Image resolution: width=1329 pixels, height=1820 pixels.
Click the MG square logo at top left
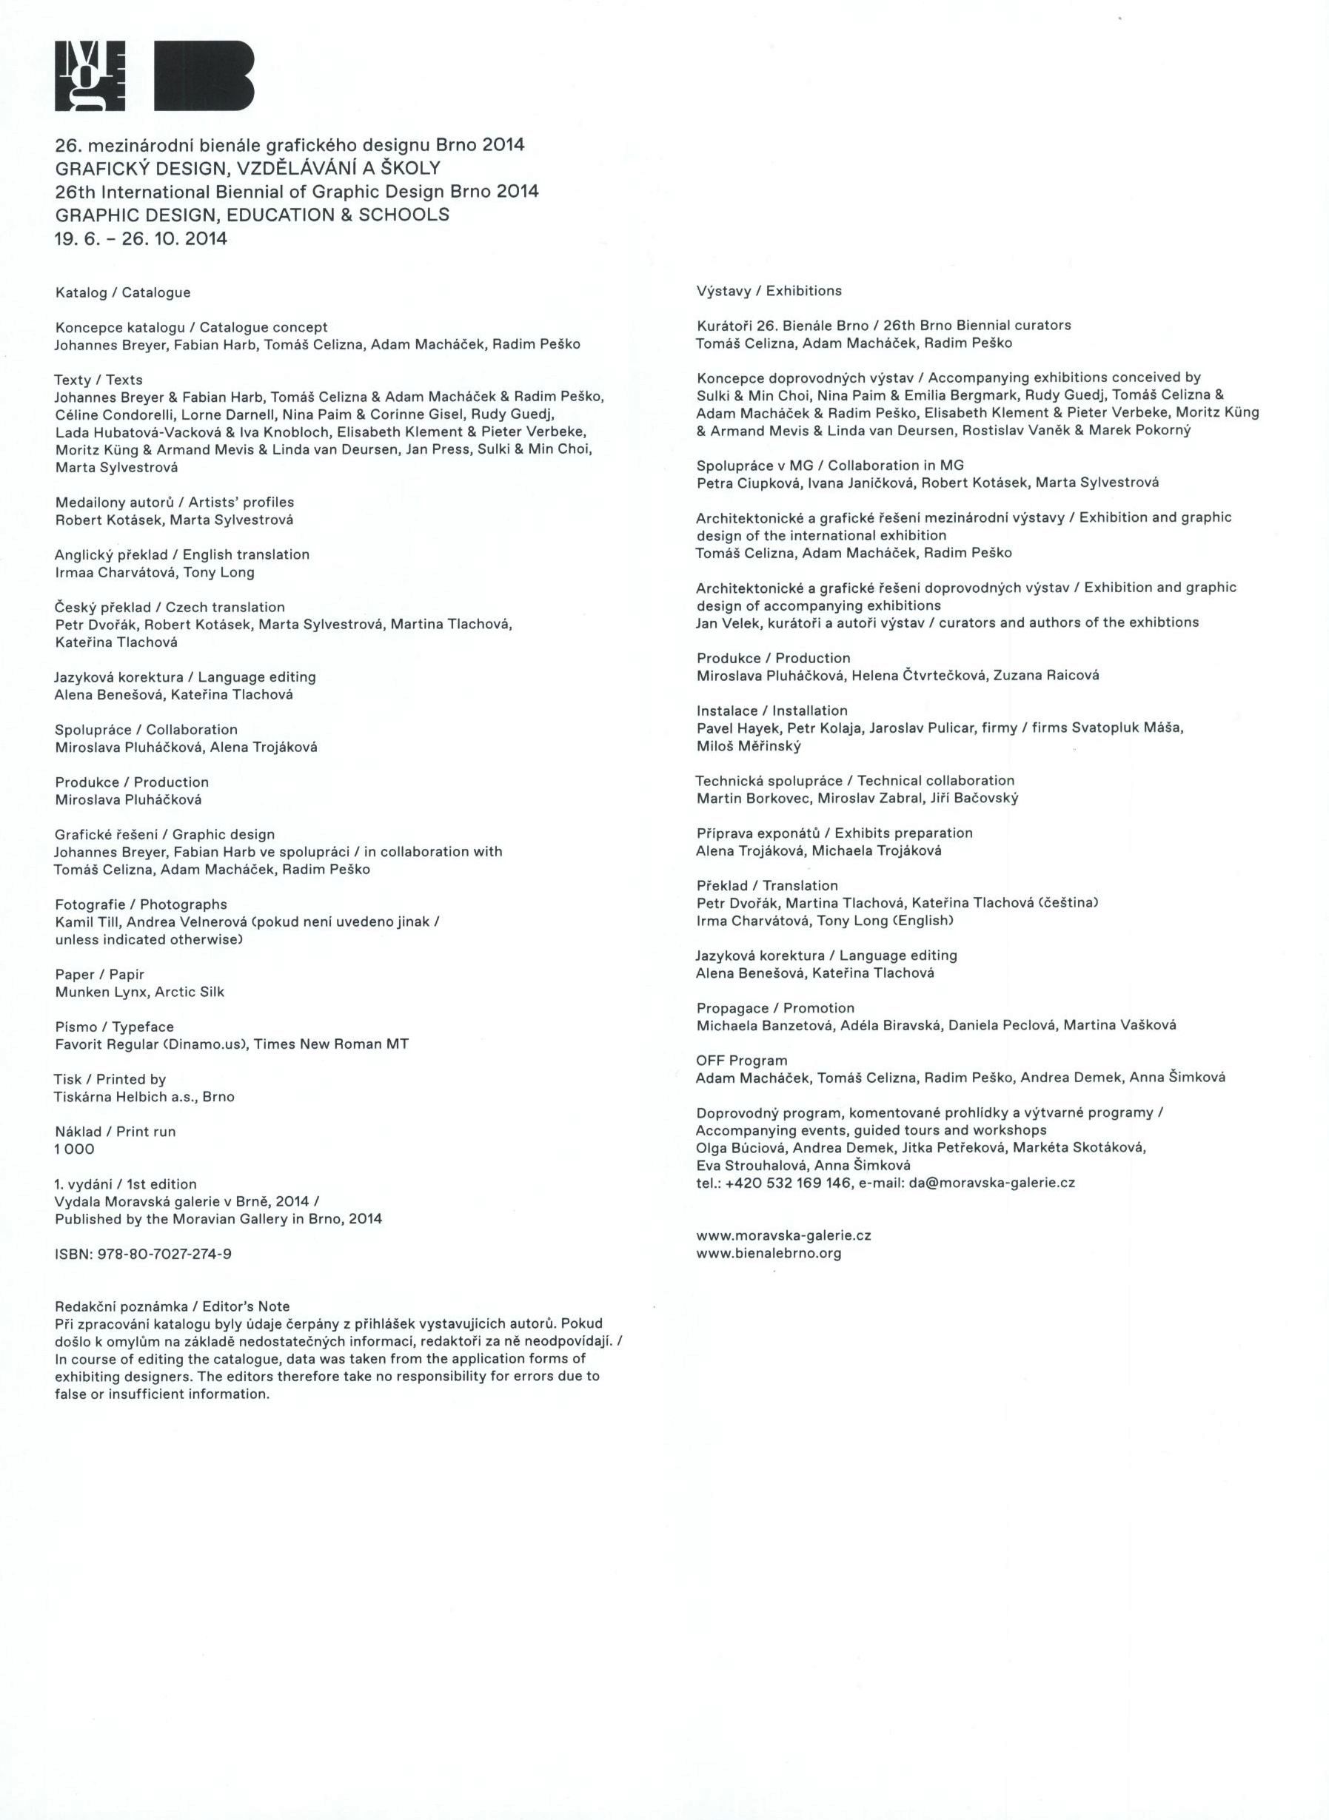[x=90, y=75]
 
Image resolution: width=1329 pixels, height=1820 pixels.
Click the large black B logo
[x=204, y=75]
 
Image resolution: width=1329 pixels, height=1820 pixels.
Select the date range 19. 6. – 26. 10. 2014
[x=141, y=239]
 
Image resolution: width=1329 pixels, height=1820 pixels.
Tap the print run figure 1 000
[x=75, y=1149]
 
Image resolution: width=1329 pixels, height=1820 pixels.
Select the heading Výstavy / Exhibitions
[x=769, y=290]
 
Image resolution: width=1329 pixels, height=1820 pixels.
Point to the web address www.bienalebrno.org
[x=769, y=1252]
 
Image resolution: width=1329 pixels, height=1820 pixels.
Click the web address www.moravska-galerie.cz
[x=783, y=1235]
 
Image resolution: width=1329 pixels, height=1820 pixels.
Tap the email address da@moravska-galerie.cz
[x=992, y=1182]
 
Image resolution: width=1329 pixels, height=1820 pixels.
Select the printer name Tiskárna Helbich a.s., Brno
[x=144, y=1096]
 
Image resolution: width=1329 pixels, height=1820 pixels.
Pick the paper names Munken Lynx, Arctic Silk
[x=139, y=992]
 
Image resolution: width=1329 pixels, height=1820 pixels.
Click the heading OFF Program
[x=741, y=1060]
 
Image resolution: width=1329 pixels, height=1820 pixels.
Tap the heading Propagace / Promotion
[x=774, y=1008]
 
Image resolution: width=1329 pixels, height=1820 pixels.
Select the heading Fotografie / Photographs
[x=141, y=904]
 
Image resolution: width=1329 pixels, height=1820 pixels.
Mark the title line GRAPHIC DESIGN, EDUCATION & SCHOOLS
[x=252, y=215]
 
